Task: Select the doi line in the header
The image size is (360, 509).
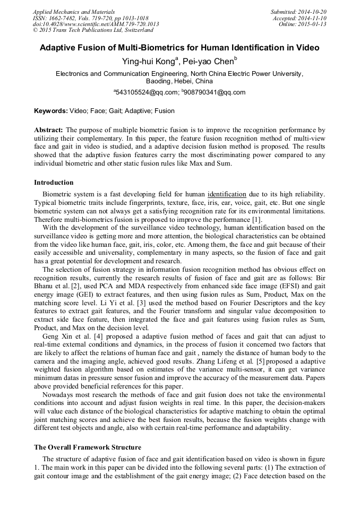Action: pos(96,24)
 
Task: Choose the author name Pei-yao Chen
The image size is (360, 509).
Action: pos(208,61)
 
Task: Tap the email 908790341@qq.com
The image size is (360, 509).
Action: pos(215,92)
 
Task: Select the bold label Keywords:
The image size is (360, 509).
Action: pos(51,111)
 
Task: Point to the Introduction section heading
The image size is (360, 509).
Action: pos(54,183)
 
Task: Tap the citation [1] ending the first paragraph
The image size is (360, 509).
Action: pos(256,220)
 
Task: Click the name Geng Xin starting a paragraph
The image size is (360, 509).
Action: pos(56,336)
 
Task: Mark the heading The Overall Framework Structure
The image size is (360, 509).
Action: pos(88,447)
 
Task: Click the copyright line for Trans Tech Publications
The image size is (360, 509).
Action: pos(93,30)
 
